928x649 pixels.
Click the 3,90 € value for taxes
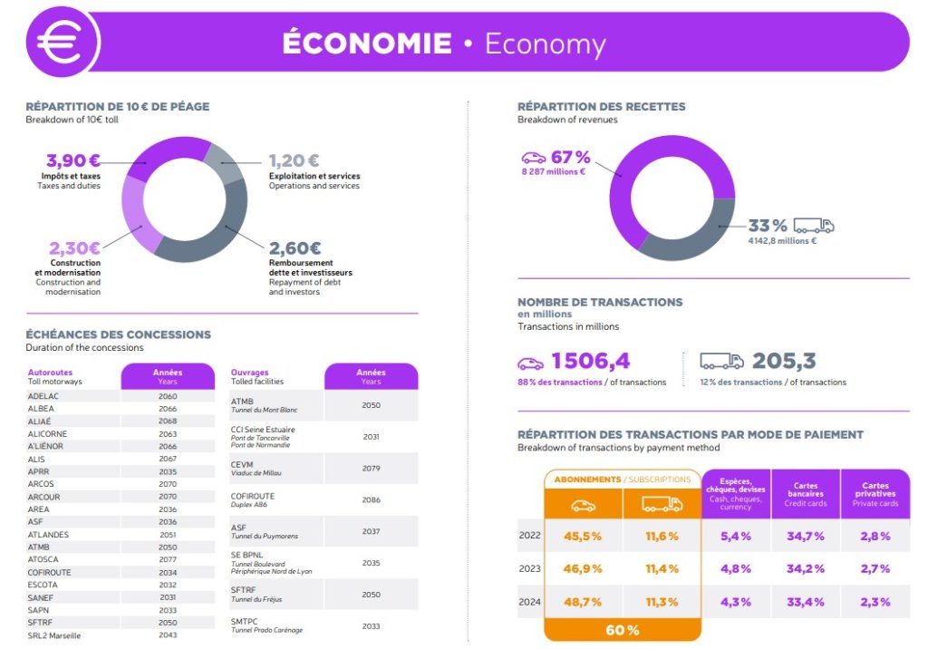(x=73, y=160)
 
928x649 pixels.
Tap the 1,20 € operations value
(x=295, y=160)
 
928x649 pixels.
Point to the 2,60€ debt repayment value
(x=295, y=247)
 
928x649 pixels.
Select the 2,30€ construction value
(x=74, y=247)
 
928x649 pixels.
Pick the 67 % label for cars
(x=571, y=157)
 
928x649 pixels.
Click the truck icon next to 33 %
(x=814, y=226)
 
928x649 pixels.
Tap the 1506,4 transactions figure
(x=590, y=361)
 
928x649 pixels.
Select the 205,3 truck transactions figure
(x=784, y=361)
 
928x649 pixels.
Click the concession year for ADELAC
(x=168, y=396)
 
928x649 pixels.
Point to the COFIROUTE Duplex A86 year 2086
(x=371, y=499)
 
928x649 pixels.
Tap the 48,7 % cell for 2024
(x=583, y=601)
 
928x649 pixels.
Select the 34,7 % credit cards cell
(x=806, y=536)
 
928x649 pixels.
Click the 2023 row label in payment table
(x=529, y=568)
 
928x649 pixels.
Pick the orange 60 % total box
(x=623, y=630)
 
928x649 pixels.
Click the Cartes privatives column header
(x=875, y=493)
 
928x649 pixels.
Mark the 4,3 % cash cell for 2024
(x=736, y=601)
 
